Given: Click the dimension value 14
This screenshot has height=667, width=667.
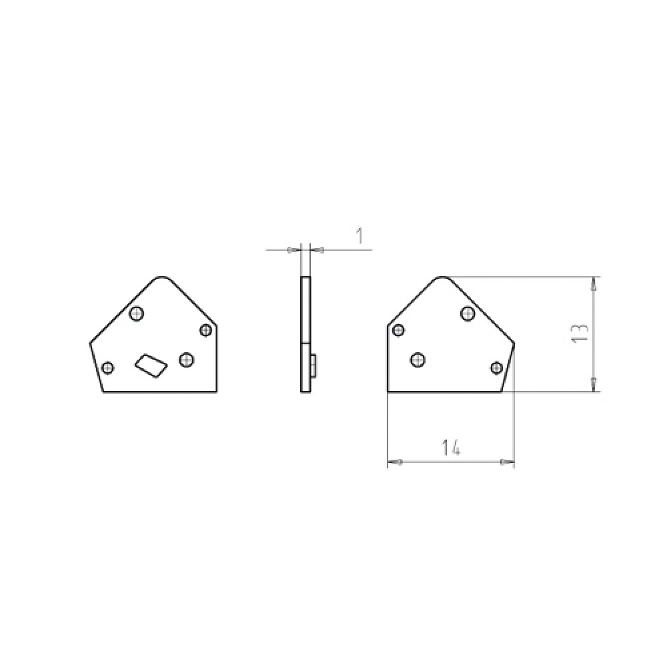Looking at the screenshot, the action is click(x=451, y=448).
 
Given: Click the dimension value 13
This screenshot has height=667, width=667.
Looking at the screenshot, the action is click(x=581, y=333).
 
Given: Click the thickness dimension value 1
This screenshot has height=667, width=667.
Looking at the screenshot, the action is click(x=360, y=236).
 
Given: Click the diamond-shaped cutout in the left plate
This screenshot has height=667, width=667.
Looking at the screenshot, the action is click(x=151, y=366).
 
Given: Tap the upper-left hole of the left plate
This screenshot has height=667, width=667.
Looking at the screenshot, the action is click(x=137, y=314).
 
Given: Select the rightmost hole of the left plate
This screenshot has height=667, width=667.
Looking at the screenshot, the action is click(x=205, y=330).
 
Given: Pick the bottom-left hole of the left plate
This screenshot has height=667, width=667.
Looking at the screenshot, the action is click(x=108, y=367).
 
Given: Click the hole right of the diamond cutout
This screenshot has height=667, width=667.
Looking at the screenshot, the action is click(x=186, y=360).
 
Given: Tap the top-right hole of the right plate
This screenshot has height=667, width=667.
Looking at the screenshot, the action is click(x=468, y=313).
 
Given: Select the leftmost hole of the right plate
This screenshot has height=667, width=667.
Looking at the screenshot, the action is click(x=398, y=329).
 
